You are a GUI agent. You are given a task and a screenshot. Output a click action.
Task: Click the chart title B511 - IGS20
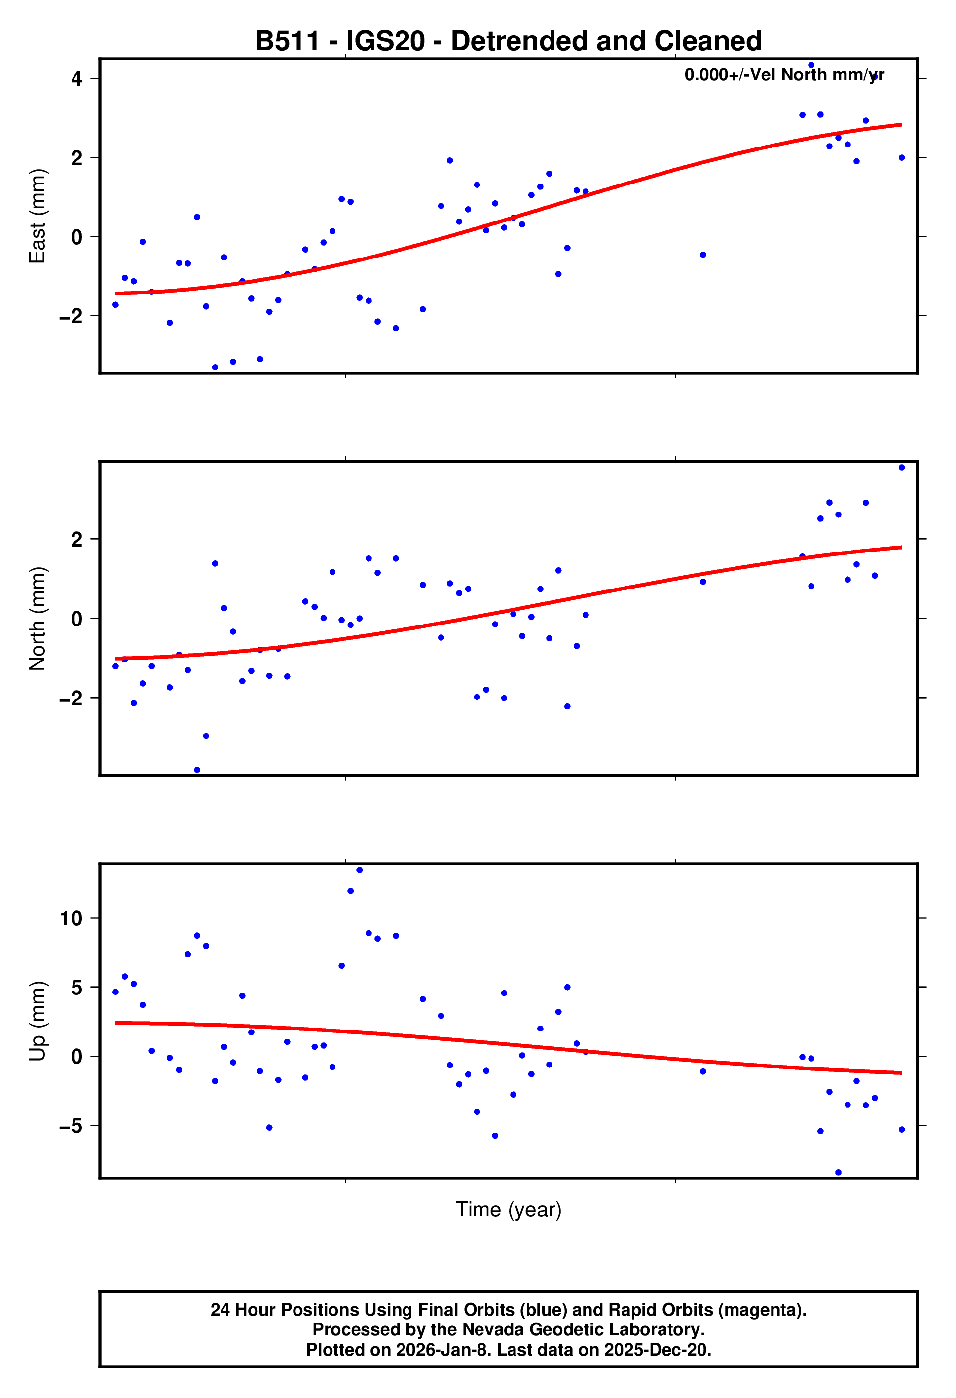coord(509,41)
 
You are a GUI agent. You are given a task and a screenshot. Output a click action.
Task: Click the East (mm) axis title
coord(37,216)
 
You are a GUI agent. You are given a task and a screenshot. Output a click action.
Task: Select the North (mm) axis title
coord(37,619)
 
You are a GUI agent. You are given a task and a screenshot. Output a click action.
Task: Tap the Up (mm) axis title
coord(37,1021)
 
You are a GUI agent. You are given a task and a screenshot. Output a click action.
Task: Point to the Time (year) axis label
coord(509,1209)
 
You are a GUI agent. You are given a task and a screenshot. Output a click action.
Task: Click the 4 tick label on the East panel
coord(76,79)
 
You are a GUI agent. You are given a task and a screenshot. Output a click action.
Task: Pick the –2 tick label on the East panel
coord(71,316)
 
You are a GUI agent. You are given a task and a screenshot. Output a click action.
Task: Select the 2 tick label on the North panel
coord(76,540)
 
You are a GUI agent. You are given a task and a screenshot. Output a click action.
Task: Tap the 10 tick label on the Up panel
coord(71,919)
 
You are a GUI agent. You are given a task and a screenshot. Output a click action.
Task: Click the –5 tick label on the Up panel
coord(71,1126)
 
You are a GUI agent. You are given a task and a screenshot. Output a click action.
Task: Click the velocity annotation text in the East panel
coord(784,74)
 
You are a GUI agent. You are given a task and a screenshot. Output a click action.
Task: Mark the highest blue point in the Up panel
coord(359,870)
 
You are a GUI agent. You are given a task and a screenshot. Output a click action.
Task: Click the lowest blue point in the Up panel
coord(838,1173)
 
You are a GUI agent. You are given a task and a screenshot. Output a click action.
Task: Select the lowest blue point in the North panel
coord(197,770)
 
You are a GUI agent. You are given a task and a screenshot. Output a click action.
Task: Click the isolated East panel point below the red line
coord(703,255)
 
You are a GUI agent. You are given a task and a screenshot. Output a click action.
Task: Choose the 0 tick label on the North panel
coord(76,619)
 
